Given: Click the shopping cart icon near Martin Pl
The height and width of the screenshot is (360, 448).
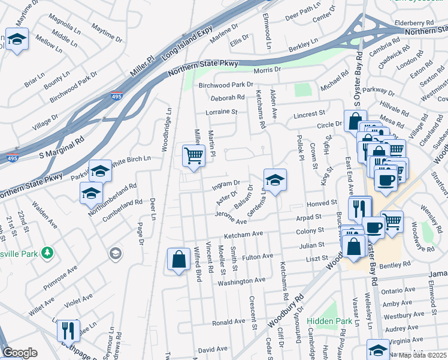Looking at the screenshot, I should [193, 155].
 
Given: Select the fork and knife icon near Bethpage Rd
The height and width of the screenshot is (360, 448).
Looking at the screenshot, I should [68, 330].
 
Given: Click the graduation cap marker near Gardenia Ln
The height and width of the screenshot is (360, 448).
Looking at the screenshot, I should [275, 179].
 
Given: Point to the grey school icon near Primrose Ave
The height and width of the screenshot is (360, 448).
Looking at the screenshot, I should [114, 254].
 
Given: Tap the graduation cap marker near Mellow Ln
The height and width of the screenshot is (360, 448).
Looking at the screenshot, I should [17, 40].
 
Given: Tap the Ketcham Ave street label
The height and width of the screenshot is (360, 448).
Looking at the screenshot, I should [244, 234].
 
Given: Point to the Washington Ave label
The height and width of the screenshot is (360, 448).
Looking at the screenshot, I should [241, 281].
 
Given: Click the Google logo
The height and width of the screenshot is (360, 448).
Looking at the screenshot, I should [20, 353].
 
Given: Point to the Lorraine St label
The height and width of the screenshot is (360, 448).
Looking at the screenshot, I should [222, 112].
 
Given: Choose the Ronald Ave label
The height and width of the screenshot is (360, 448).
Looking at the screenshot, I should [228, 322].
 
